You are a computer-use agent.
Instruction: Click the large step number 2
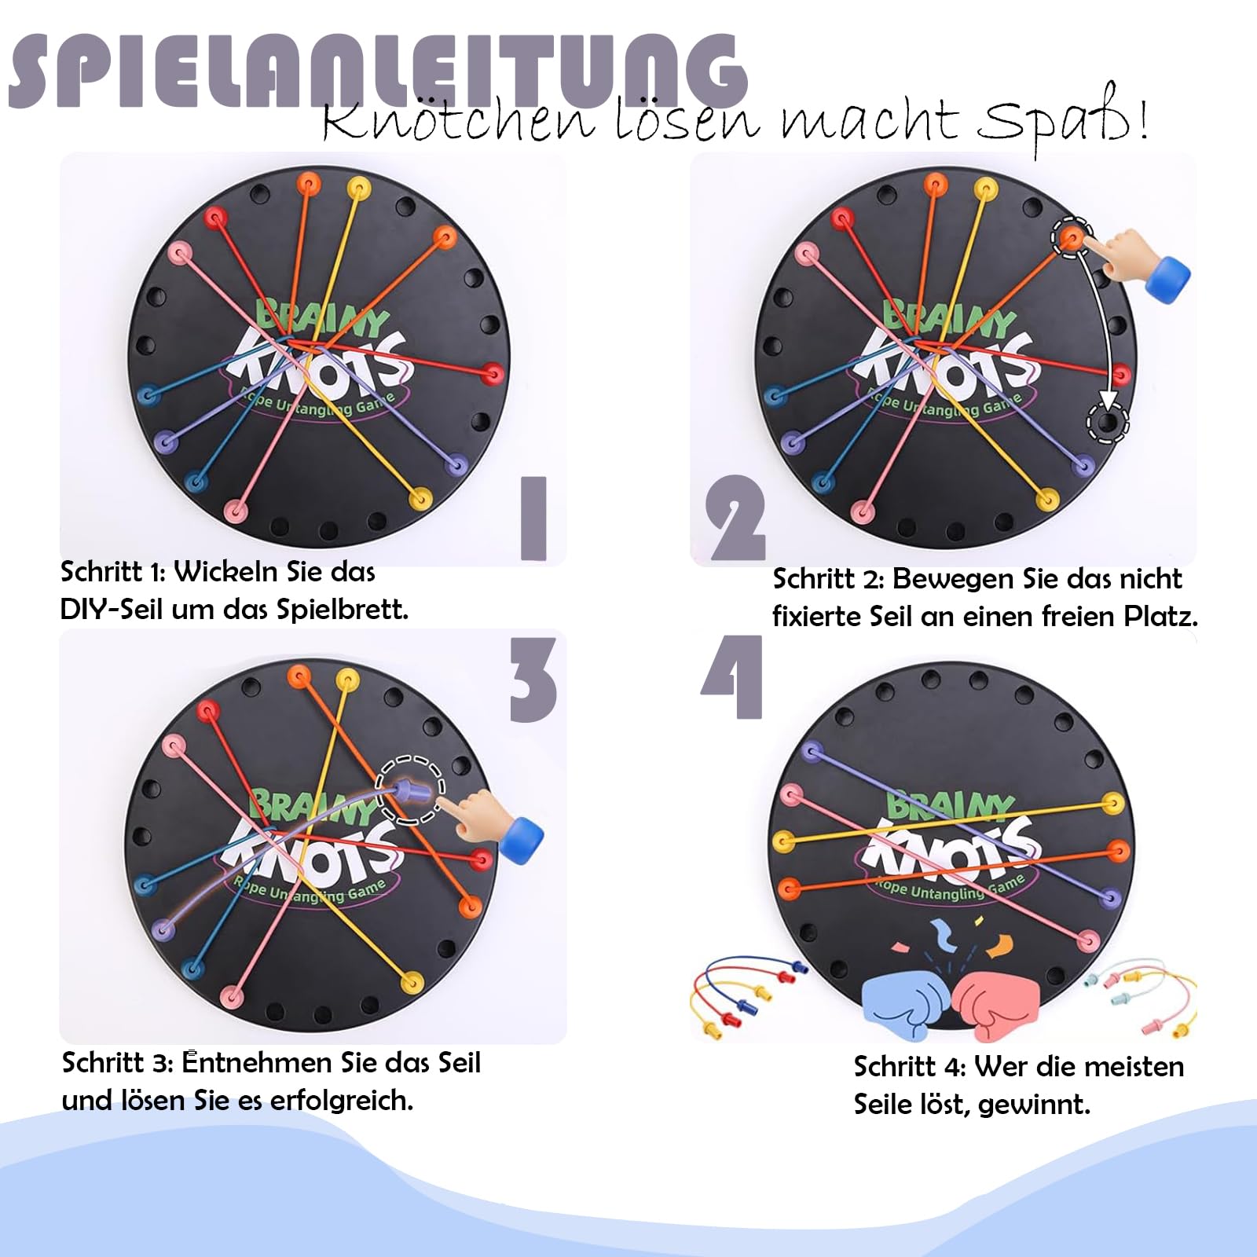735,519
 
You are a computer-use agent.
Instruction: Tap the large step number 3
533,680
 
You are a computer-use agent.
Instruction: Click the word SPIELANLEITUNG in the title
377,71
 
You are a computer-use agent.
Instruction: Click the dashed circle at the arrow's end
1108,423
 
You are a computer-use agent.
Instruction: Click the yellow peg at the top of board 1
358,188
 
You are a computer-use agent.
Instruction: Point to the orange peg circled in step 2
1072,235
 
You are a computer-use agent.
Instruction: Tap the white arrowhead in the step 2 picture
1108,401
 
